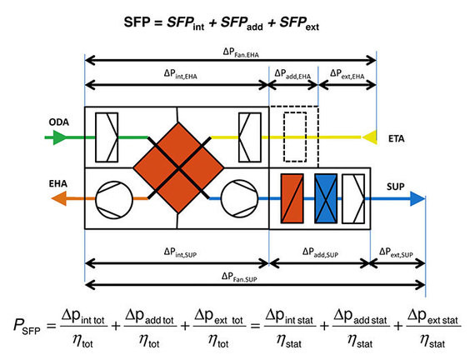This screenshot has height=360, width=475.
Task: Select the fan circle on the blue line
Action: [238, 198]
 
